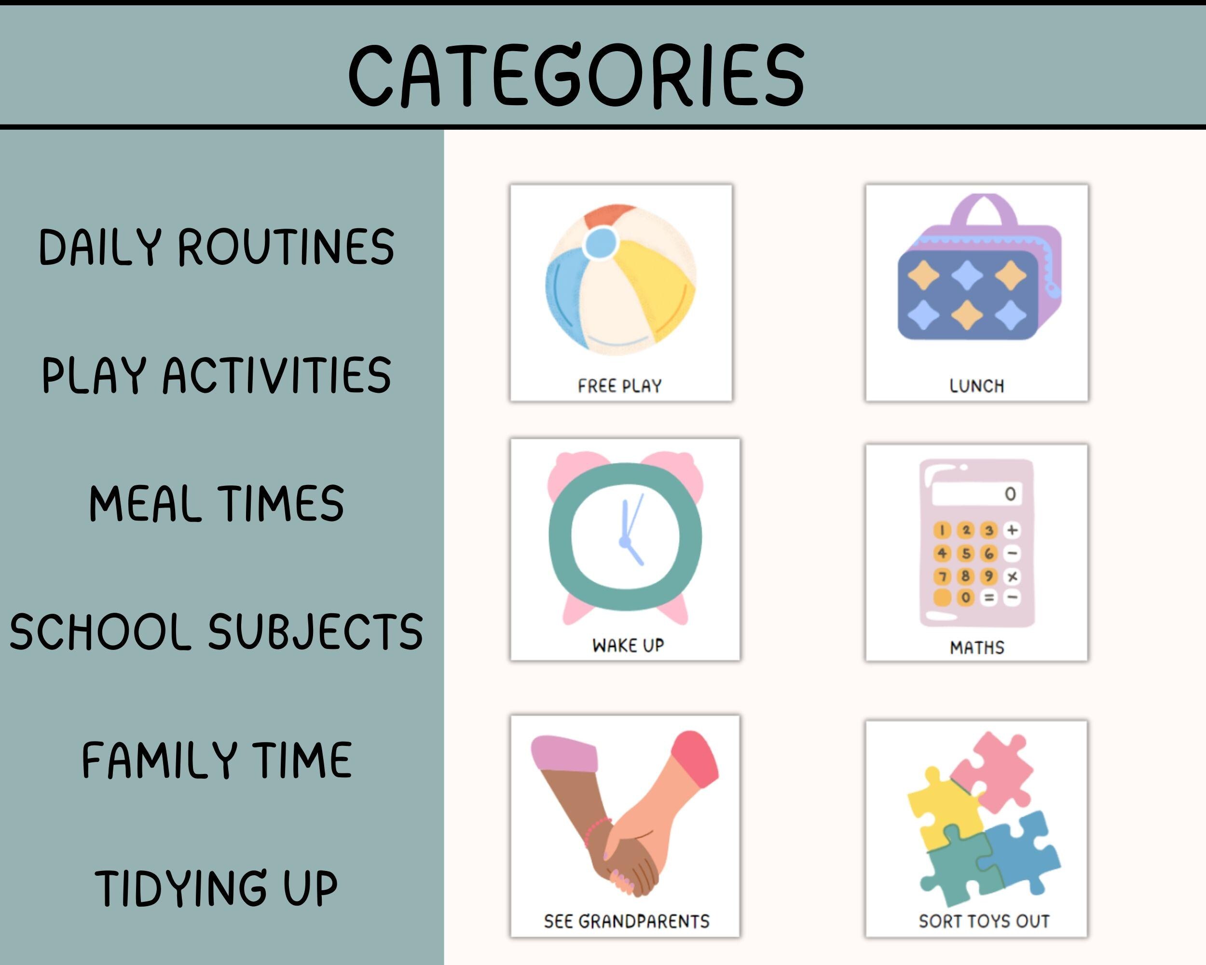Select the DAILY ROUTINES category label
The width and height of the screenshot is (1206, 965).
[217, 247]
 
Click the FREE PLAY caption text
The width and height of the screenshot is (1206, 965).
[620, 386]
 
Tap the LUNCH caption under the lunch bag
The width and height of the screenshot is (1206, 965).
[977, 386]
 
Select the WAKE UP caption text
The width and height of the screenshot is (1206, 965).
[628, 645]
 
